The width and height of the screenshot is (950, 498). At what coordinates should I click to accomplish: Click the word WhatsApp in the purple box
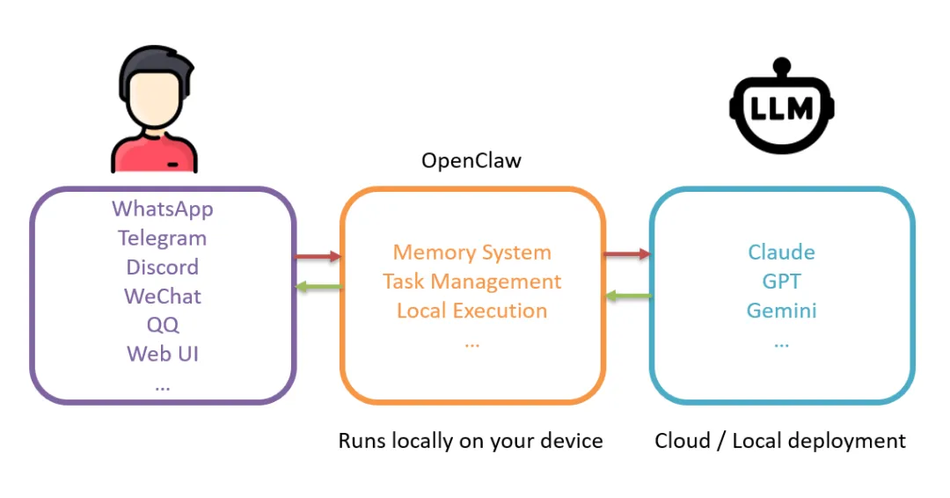tap(162, 209)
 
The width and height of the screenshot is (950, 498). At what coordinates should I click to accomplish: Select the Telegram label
tap(162, 238)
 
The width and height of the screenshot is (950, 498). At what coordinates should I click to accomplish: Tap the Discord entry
tap(162, 267)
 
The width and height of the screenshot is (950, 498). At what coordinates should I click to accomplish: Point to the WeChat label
tap(162, 297)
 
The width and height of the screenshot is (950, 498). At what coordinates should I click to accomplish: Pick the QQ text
tap(163, 325)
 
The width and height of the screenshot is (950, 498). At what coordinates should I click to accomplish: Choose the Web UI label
tap(162, 354)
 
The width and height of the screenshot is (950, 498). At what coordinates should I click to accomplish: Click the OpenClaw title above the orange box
tap(471, 161)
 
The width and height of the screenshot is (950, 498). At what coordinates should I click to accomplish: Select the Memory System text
tap(471, 253)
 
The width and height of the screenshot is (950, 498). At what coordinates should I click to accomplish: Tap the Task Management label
tap(471, 282)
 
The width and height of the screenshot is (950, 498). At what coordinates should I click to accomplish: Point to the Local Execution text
tap(471, 311)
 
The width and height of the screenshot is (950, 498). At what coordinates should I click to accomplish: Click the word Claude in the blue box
tap(781, 253)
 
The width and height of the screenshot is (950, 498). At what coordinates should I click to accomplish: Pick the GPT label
tap(781, 282)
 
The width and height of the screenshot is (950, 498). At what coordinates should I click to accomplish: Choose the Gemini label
tap(781, 311)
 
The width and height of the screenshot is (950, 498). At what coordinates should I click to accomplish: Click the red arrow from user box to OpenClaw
tap(318, 256)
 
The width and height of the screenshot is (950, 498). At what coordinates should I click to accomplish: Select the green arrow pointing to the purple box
tap(318, 286)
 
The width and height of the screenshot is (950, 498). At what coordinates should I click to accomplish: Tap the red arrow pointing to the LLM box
tap(626, 254)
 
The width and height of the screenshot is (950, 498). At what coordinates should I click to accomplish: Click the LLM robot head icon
tap(781, 110)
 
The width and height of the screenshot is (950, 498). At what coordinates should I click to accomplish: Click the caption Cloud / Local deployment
tap(780, 441)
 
